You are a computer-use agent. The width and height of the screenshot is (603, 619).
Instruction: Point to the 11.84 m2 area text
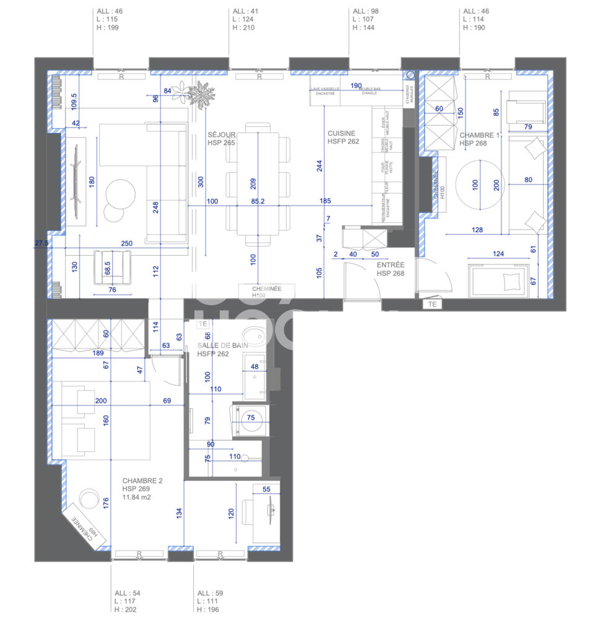point(136,497)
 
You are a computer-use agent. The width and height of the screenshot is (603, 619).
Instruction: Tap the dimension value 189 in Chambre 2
point(97,353)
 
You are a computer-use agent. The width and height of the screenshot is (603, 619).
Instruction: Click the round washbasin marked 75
point(251,418)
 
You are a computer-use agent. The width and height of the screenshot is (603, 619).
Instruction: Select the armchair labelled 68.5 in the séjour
point(112,268)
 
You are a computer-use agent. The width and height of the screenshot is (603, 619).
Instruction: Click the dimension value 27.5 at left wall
point(41,244)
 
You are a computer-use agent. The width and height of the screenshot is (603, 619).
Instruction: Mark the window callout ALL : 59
point(210,593)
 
